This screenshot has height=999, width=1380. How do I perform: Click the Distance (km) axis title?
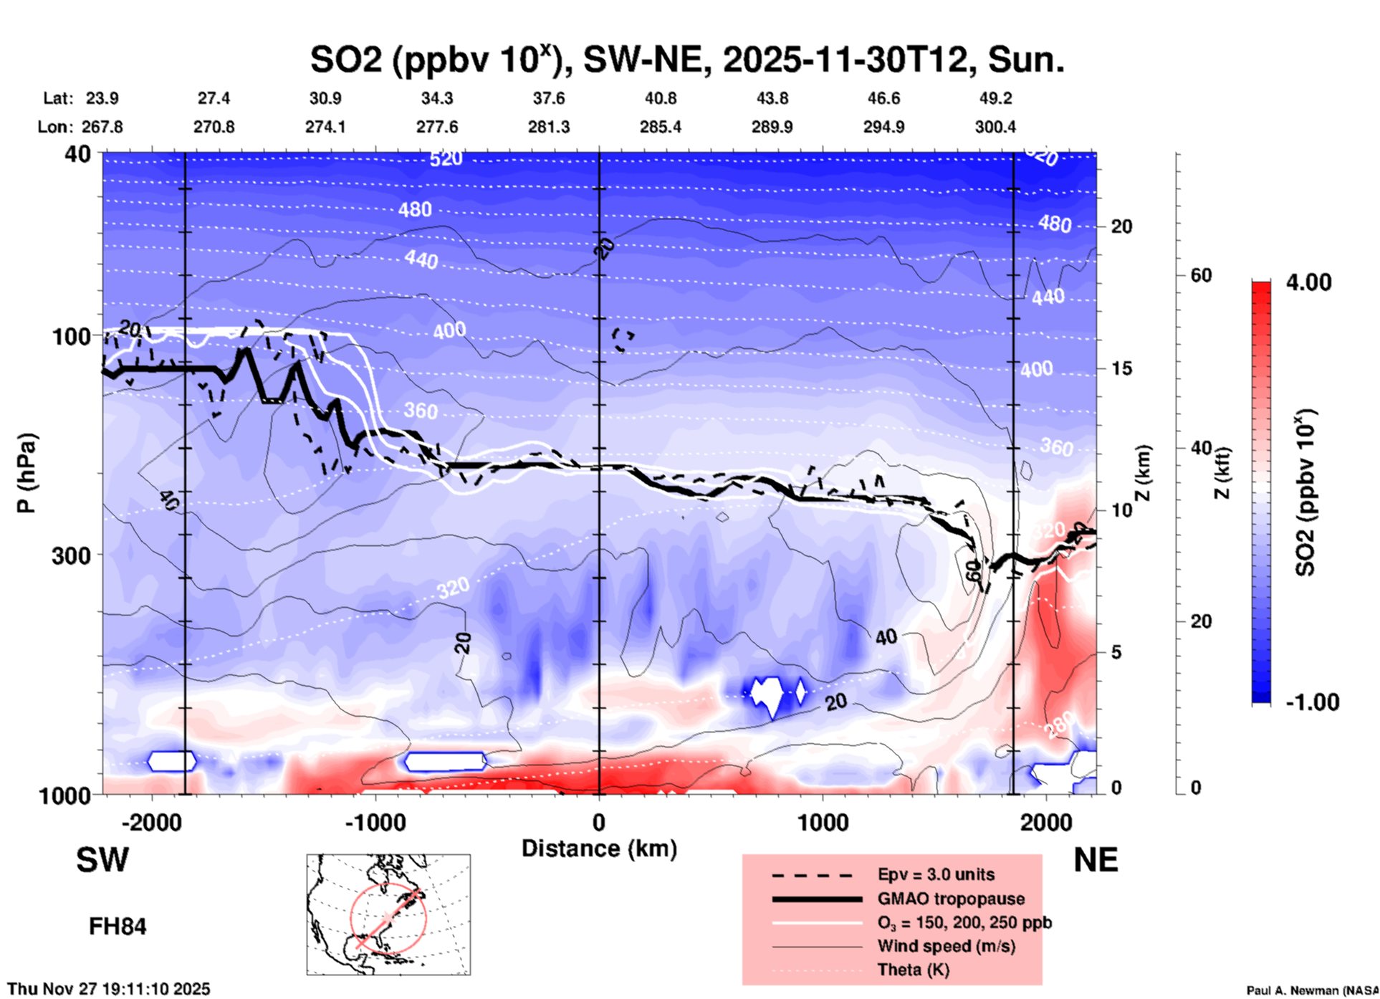click(599, 849)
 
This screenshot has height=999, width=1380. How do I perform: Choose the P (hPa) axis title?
click(27, 473)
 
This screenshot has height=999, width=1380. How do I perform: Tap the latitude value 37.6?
click(549, 98)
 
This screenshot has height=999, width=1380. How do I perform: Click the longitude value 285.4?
click(660, 128)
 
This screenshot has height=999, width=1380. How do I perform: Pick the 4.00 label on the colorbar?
click(1308, 282)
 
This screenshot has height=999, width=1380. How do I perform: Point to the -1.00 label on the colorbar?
click(1312, 702)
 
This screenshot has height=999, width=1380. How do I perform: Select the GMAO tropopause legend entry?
click(951, 899)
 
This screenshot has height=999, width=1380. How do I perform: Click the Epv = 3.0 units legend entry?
click(936, 875)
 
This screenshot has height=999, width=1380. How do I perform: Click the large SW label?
click(102, 860)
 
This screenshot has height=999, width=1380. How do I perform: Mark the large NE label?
click(1096, 860)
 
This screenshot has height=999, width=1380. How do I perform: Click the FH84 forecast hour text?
click(118, 927)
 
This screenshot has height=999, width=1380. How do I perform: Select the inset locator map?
click(388, 914)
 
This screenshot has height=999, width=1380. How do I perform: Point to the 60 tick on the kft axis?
click(1201, 275)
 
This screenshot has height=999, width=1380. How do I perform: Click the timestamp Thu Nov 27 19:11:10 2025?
click(109, 989)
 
